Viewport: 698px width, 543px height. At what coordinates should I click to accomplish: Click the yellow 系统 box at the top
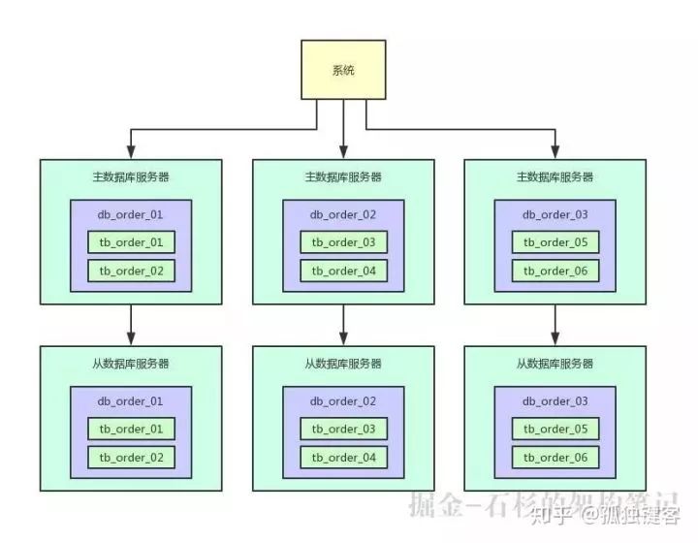tap(343, 69)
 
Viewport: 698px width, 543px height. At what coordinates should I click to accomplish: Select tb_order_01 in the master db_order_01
tap(131, 242)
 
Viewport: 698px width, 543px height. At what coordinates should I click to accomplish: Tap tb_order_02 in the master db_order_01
tap(131, 271)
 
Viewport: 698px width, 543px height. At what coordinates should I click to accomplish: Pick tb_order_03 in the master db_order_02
tap(343, 242)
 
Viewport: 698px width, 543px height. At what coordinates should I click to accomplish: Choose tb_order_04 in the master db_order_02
tap(343, 271)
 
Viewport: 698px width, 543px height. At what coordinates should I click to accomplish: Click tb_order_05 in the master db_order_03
tap(555, 242)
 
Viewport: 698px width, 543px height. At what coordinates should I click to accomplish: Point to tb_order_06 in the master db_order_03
tap(555, 271)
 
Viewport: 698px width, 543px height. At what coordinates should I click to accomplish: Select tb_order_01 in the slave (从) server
tap(131, 429)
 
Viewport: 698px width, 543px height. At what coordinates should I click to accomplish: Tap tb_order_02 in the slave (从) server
tap(131, 457)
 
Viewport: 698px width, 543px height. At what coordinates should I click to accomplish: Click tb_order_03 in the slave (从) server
tap(343, 429)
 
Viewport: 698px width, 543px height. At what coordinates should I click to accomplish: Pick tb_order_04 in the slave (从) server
tap(343, 457)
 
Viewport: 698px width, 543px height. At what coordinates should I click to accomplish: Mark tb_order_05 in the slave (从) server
tap(555, 429)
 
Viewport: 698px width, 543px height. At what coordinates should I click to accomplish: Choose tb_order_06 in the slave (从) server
tap(555, 457)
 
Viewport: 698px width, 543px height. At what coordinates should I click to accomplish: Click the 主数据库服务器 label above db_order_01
tap(131, 177)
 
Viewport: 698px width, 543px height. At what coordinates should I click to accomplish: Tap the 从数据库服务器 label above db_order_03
tap(555, 364)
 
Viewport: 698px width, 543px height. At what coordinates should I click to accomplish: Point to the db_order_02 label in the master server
tap(343, 214)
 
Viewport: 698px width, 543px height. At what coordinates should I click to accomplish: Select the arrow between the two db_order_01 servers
tap(131, 323)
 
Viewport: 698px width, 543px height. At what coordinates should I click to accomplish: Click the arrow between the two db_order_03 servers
tap(555, 323)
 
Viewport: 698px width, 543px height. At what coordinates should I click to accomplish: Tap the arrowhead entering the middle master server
tap(343, 151)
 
